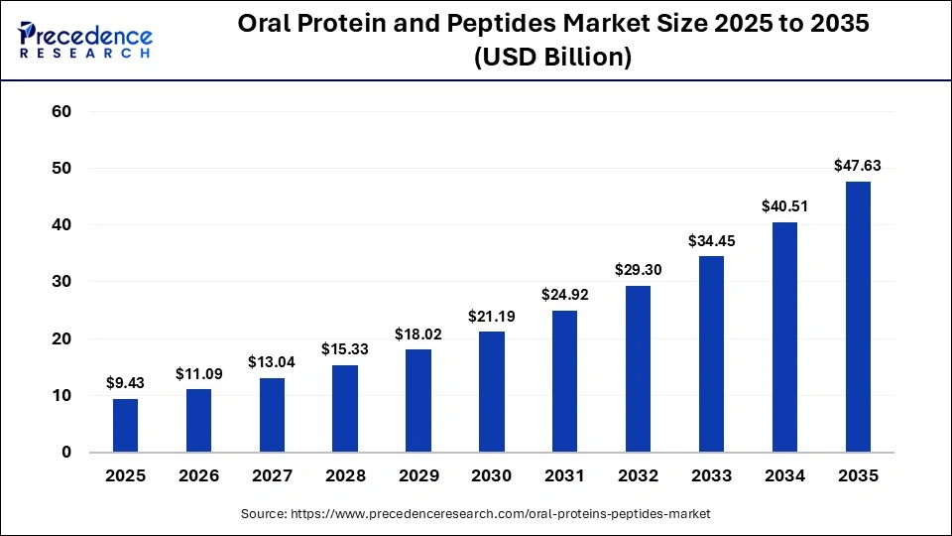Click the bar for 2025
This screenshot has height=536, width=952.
point(125,426)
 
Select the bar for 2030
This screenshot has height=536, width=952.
point(491,392)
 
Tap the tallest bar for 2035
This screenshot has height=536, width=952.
point(858,317)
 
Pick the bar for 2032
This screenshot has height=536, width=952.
point(638,369)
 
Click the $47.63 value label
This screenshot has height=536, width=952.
point(858,166)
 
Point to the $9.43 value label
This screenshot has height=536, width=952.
point(125,382)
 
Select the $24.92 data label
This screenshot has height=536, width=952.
point(564,294)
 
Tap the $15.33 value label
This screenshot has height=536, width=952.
point(345,348)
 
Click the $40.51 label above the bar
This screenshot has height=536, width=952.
point(784,206)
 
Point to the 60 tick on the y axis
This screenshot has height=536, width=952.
point(61,112)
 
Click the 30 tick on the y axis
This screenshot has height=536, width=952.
point(61,282)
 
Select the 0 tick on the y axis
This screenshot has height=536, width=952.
point(66,453)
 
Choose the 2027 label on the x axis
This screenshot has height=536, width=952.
point(272,476)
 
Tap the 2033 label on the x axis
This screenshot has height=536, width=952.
point(711,476)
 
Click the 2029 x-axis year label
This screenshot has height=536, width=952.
point(418,476)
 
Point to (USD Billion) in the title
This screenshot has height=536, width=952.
point(553,59)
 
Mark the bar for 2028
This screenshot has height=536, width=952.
point(345,409)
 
